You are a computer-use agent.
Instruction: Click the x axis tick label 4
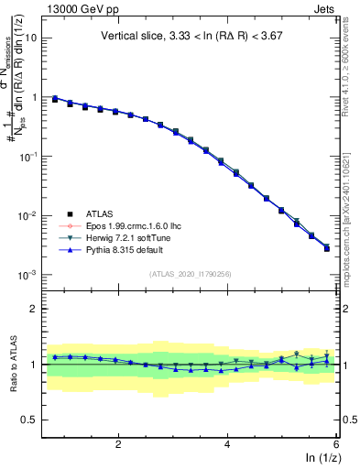pyautogui.click(x=227, y=444)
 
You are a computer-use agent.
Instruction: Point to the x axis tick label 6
pyautogui.click(x=335, y=444)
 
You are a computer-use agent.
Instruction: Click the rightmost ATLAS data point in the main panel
pyautogui.click(x=327, y=248)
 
